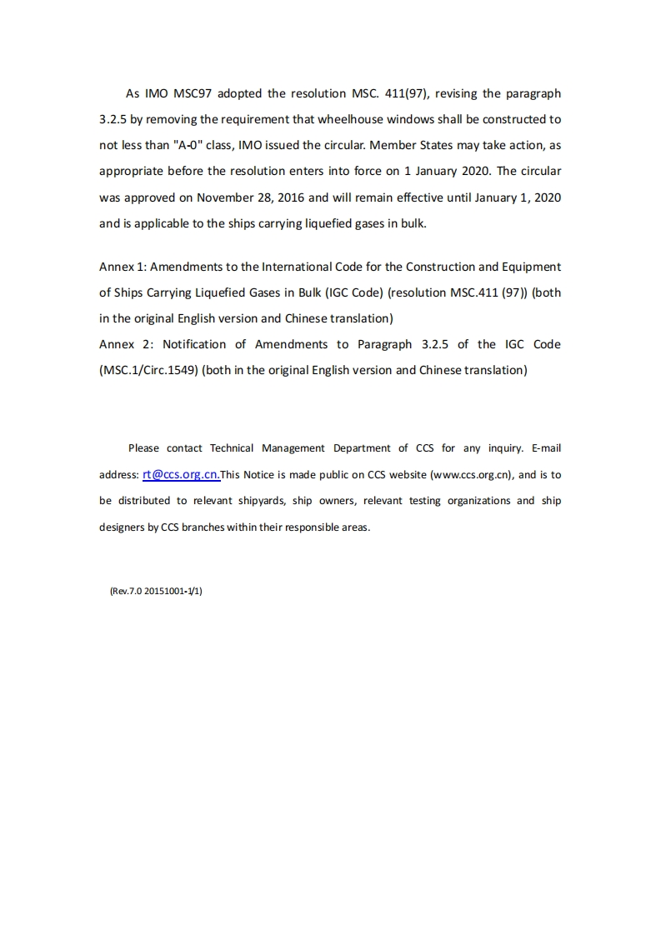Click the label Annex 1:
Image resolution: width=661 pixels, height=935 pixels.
123,267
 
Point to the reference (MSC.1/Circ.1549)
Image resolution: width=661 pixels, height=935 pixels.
148,370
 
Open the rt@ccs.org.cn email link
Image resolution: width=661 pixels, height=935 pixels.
181,474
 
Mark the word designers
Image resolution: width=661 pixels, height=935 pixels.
122,527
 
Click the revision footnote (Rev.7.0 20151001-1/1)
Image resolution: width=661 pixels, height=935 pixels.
156,591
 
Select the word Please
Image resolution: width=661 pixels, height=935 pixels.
143,448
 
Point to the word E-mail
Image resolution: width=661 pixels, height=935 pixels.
545,448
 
